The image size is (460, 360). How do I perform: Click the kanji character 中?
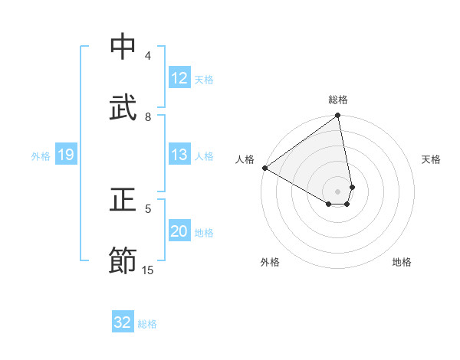pos(123,47)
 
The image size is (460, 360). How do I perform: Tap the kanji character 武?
pos(123,108)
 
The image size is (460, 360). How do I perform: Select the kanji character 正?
pos(123,200)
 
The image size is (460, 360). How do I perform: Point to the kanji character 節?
pos(123,260)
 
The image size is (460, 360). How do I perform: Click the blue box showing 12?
pos(179,78)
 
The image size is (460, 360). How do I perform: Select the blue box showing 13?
pos(179,155)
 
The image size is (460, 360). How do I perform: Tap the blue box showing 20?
pos(179,232)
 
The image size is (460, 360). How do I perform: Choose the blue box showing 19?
pos(65,155)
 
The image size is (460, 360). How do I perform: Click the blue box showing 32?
pos(123,322)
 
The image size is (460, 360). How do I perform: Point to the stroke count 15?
pos(148,270)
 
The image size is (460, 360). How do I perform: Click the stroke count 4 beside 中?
pos(148,56)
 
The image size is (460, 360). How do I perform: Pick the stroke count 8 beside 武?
pos(148,116)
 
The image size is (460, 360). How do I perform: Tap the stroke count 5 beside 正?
pos(148,208)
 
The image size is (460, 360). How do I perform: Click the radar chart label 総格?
pos(338,100)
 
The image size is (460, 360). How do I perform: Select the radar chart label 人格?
pos(245,159)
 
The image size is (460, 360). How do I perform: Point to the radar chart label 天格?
pos(431,159)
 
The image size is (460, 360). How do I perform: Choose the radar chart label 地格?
pos(402,263)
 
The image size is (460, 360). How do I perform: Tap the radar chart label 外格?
pos(270,263)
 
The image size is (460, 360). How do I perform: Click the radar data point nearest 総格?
pos(338,116)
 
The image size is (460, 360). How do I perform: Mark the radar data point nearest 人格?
pos(264,168)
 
